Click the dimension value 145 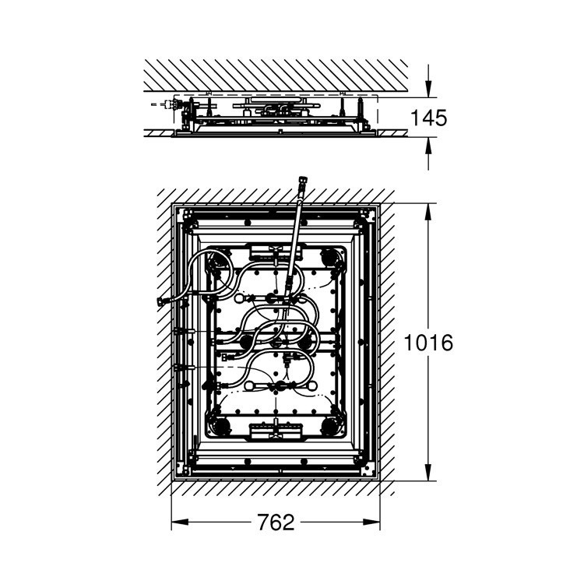(428, 118)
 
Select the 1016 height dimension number (428, 343)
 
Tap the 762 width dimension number (276, 522)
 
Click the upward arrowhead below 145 (428, 146)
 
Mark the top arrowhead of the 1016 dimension (428, 212)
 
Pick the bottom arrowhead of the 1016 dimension (428, 473)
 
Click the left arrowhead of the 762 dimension (179, 522)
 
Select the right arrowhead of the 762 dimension (371, 522)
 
